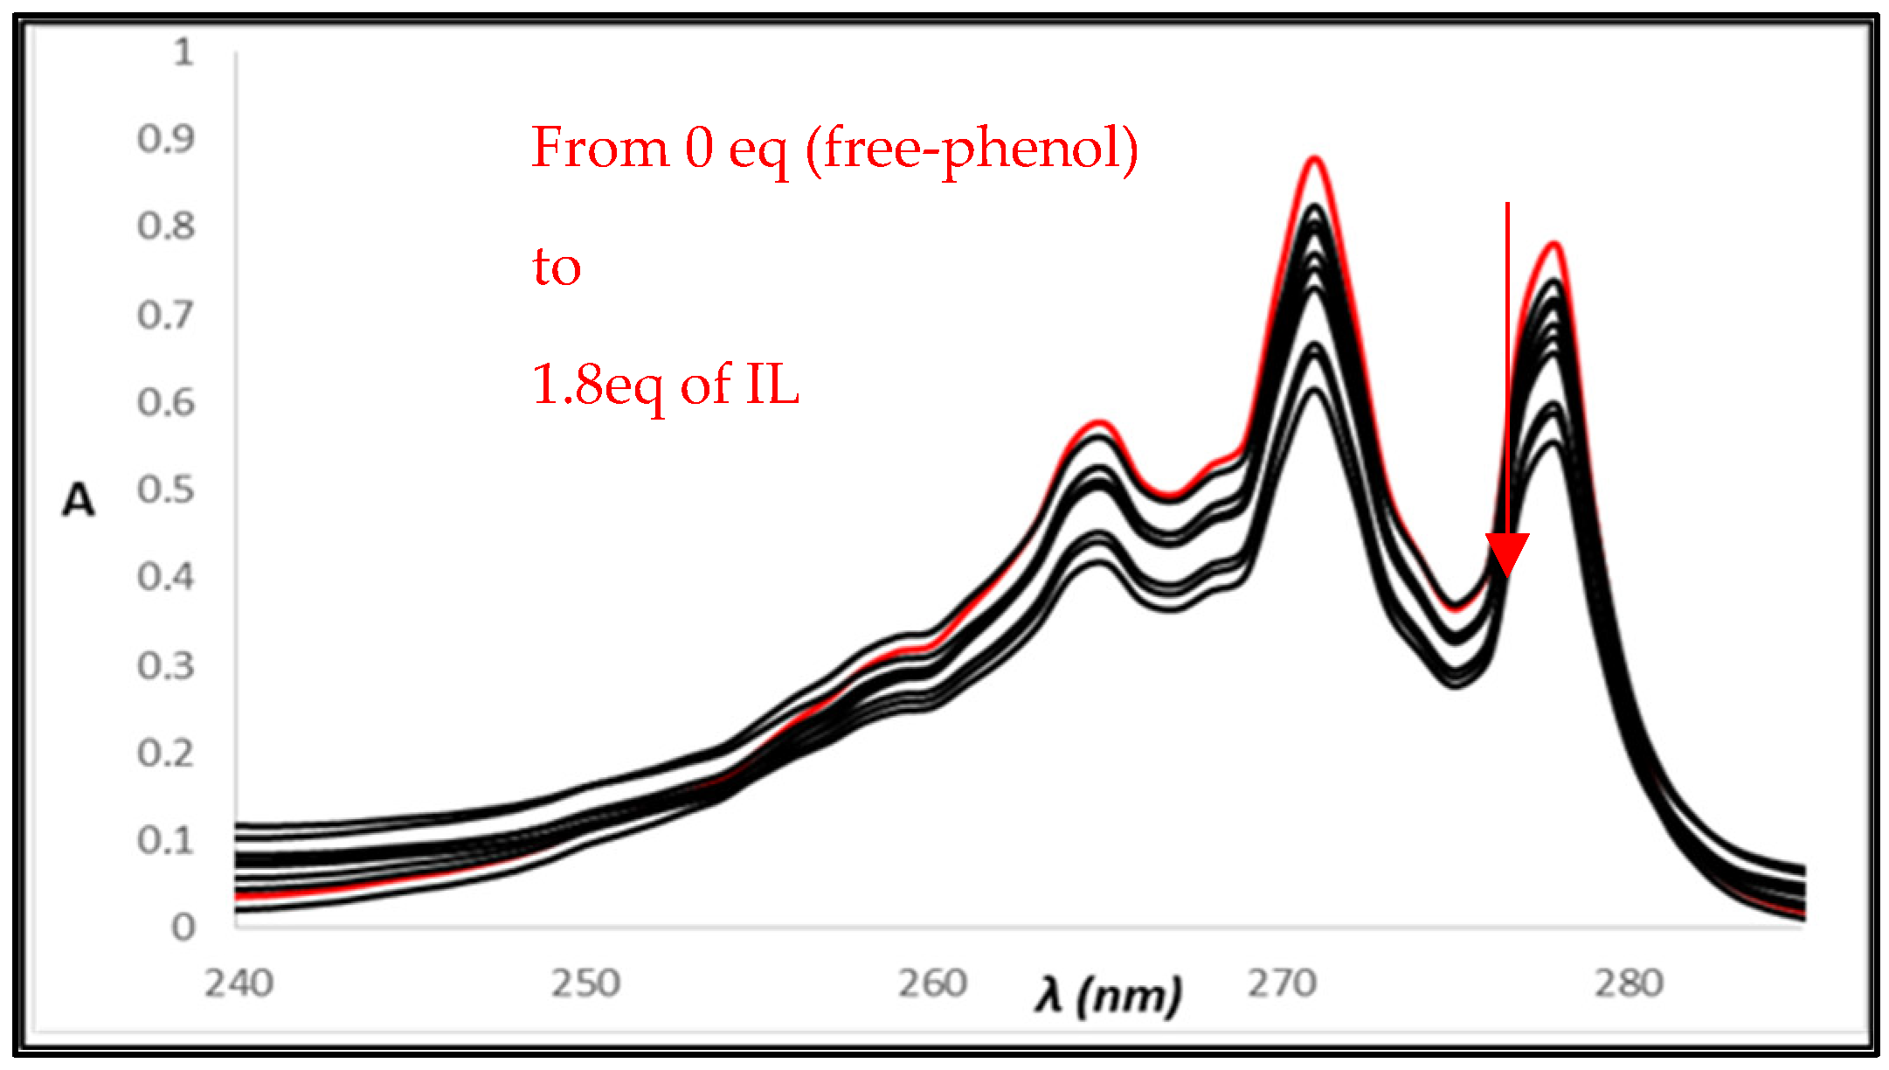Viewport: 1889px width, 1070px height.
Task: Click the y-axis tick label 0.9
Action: [x=165, y=138]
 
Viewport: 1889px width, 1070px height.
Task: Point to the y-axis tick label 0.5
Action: [x=165, y=490]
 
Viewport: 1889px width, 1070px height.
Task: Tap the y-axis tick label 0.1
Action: [x=165, y=840]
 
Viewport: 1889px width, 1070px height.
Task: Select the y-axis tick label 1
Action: [x=183, y=52]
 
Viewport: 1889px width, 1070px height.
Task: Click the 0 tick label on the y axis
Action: [x=183, y=927]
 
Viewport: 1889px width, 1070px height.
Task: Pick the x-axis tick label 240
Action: [x=239, y=984]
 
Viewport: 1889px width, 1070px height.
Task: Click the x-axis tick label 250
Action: [x=585, y=984]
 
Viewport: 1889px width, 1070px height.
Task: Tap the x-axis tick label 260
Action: [x=932, y=984]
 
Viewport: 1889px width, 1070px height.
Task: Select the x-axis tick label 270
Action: [x=1281, y=984]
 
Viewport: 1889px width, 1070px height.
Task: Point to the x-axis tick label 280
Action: [x=1629, y=984]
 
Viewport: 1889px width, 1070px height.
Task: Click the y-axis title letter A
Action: [x=79, y=501]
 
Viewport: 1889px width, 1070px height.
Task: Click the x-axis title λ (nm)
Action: [x=1108, y=995]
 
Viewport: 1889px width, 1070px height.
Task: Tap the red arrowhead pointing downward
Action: [x=1507, y=554]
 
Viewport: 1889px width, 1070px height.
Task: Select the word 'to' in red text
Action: [x=557, y=266]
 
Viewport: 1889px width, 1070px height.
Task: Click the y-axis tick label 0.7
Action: [x=165, y=315]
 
